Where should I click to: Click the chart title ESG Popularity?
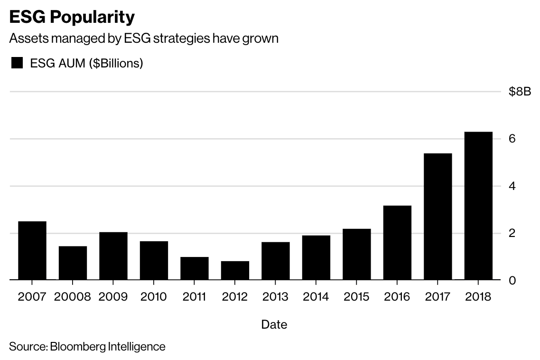tap(72, 17)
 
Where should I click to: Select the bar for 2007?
tap(32, 251)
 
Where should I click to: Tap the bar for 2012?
tap(235, 271)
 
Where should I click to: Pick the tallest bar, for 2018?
tap(478, 206)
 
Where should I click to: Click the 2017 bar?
tap(438, 217)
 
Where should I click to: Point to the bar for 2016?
tap(397, 243)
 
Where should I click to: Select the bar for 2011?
tap(195, 268)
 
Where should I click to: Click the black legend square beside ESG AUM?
tap(17, 63)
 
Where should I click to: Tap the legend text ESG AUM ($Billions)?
tap(86, 63)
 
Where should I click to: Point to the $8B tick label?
tap(519, 92)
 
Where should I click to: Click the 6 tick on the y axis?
tap(512, 139)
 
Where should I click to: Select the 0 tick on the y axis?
tap(512, 280)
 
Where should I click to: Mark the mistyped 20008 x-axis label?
tap(73, 297)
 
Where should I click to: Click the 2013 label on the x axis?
tap(276, 297)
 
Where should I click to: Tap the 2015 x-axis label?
tap(356, 297)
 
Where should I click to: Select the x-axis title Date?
tap(274, 325)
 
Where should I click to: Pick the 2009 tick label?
tap(113, 297)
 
